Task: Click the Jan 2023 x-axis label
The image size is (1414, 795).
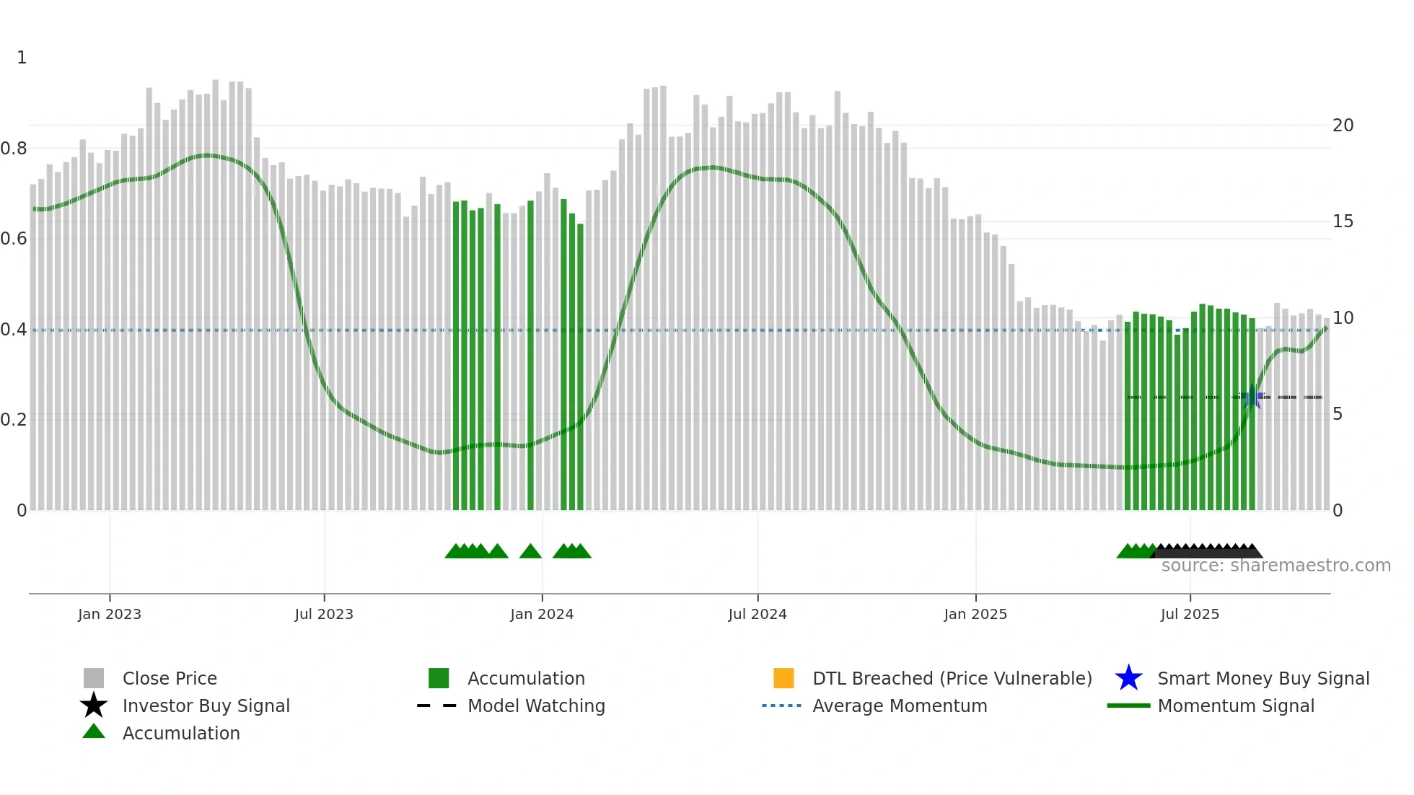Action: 110,614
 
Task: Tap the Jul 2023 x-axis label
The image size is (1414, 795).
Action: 324,614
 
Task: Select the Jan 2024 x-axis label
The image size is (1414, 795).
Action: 542,614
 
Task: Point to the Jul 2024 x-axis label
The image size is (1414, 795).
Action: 757,614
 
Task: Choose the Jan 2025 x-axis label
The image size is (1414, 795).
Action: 975,614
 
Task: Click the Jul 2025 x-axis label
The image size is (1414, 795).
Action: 1190,614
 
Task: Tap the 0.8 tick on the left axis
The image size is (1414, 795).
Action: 14,149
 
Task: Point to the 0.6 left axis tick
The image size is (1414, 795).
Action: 14,239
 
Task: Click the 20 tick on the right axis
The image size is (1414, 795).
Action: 1343,126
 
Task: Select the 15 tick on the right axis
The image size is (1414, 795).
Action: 1343,221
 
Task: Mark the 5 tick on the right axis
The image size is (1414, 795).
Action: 1338,414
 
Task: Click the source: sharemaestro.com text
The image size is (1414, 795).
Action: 1275,566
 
